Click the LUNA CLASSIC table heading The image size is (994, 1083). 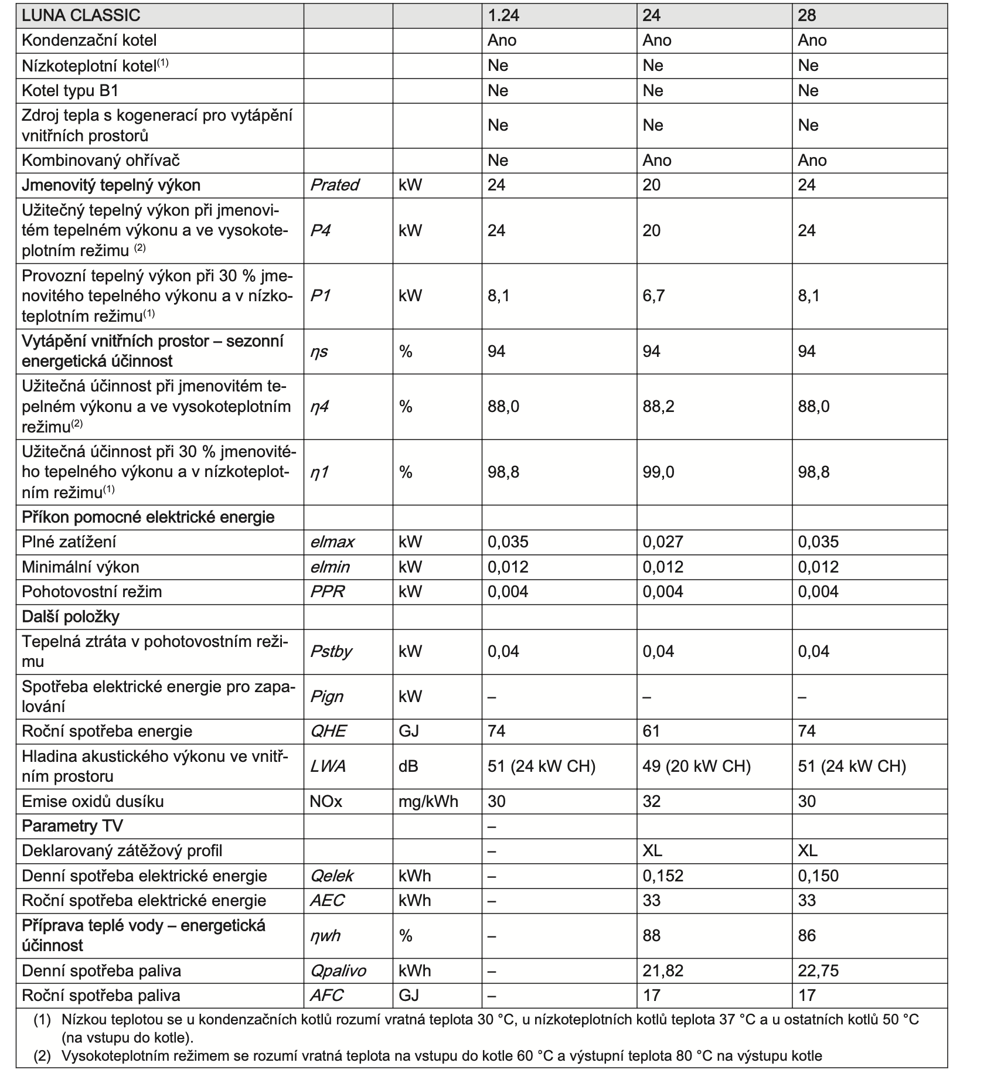pyautogui.click(x=81, y=15)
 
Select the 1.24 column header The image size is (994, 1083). pyautogui.click(x=503, y=15)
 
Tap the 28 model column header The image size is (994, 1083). pyautogui.click(x=806, y=15)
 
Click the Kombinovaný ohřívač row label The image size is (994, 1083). pyautogui.click(x=101, y=161)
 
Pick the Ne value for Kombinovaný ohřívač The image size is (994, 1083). pyautogui.click(x=498, y=161)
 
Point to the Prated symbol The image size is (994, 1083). pyautogui.click(x=334, y=185)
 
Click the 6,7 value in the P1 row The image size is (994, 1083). pyautogui.click(x=653, y=295)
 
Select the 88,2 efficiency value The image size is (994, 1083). pyautogui.click(x=658, y=407)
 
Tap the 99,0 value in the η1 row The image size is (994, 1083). pyautogui.click(x=658, y=472)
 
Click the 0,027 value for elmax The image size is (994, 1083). pyautogui.click(x=663, y=542)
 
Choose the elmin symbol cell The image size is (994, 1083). pyautogui.click(x=329, y=567)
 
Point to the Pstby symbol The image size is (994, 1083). pyautogui.click(x=331, y=652)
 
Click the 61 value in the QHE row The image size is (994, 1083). pyautogui.click(x=651, y=731)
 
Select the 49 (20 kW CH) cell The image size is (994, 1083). pyautogui.click(x=696, y=767)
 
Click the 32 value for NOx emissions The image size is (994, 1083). pyautogui.click(x=651, y=802)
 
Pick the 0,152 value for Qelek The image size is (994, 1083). pyautogui.click(x=663, y=876)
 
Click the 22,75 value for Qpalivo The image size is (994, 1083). pyautogui.click(x=818, y=971)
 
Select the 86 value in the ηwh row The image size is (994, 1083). pyautogui.click(x=806, y=935)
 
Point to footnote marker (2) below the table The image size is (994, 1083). pyautogui.click(x=42, y=1056)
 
